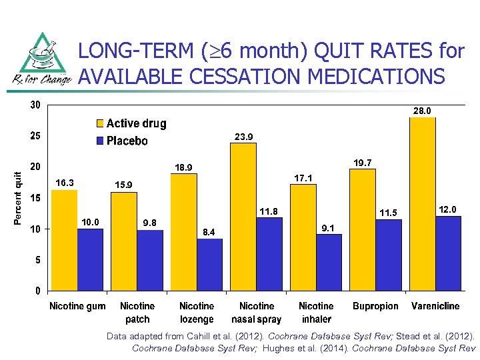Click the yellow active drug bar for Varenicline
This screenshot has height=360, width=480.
(x=423, y=203)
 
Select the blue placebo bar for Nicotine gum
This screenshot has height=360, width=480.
(x=90, y=259)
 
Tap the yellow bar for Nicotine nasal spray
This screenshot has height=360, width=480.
(x=243, y=217)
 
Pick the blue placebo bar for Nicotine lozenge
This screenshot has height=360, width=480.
(x=209, y=264)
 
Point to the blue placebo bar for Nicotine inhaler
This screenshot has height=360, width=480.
(x=329, y=262)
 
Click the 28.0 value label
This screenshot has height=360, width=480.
(x=423, y=111)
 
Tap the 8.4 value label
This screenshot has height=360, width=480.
(x=209, y=232)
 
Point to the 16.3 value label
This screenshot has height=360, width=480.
(x=65, y=182)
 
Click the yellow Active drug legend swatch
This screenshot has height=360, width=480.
(x=99, y=123)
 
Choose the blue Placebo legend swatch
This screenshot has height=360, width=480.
(x=99, y=141)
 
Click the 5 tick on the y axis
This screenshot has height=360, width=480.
(x=37, y=260)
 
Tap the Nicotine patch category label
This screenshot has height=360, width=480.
(x=137, y=312)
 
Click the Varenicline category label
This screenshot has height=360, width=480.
(x=435, y=306)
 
